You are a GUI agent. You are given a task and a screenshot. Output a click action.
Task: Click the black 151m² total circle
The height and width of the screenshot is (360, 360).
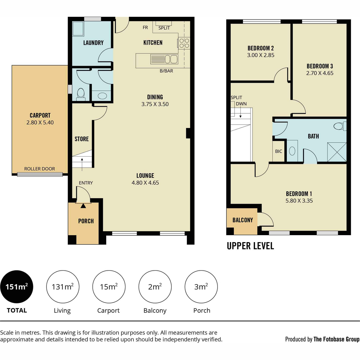[16, 286]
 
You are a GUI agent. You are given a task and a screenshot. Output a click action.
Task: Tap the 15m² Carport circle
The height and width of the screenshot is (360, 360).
[109, 286]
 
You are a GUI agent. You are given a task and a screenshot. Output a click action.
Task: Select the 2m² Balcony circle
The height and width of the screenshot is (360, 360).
[155, 286]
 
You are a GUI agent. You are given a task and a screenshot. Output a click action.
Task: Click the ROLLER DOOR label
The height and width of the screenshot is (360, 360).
[40, 169]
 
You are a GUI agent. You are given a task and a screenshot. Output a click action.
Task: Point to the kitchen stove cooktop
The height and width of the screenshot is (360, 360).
[184, 43]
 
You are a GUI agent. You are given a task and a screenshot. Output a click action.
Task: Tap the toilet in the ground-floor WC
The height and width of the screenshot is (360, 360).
[81, 94]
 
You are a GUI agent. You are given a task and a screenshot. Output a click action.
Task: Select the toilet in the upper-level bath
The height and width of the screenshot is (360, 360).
[340, 126]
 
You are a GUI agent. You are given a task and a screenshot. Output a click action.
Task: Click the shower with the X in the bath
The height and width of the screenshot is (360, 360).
[337, 152]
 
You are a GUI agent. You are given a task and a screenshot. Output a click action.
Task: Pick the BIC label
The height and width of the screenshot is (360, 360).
[278, 151]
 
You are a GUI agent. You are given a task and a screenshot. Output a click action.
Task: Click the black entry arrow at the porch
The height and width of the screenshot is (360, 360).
[83, 206]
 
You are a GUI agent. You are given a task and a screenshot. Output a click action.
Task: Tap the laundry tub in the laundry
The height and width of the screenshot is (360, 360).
[78, 29]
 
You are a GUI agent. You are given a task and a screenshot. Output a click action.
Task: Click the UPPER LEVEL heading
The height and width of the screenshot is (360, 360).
[250, 246]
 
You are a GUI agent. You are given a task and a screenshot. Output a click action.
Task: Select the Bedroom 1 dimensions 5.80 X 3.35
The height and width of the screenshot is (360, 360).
[299, 201]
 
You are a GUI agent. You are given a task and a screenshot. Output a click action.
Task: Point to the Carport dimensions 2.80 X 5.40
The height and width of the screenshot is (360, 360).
[40, 123]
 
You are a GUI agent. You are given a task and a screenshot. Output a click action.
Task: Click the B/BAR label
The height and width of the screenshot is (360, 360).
[166, 71]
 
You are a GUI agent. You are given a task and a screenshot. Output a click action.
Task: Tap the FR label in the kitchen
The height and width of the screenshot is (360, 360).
[145, 28]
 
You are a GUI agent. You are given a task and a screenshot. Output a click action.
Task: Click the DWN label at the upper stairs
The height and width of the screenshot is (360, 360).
[241, 104]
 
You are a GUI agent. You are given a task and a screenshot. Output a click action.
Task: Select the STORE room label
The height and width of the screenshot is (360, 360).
[82, 139]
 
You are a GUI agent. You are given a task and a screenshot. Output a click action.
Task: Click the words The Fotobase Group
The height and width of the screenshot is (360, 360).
[337, 339]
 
